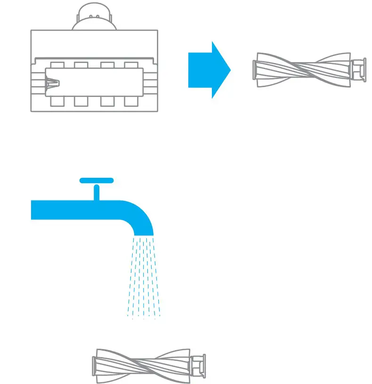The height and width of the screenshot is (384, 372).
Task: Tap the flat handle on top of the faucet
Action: pos(97,180)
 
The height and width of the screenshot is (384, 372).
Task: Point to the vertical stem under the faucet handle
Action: pos(97,192)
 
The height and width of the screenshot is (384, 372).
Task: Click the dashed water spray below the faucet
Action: pos(144,278)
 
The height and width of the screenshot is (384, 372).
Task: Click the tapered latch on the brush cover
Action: pos(52,83)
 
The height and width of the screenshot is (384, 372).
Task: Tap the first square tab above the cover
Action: pos(57,65)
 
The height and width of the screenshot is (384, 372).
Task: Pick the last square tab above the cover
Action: pos(131,65)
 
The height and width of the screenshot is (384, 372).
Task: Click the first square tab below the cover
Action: pos(57,101)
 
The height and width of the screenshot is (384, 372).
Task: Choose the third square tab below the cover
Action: pos(107,101)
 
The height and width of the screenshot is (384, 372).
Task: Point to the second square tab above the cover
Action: pos(81,65)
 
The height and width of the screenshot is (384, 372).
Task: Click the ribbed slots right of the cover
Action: pos(150,83)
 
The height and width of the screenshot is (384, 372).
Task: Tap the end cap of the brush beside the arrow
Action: pos(359,69)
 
